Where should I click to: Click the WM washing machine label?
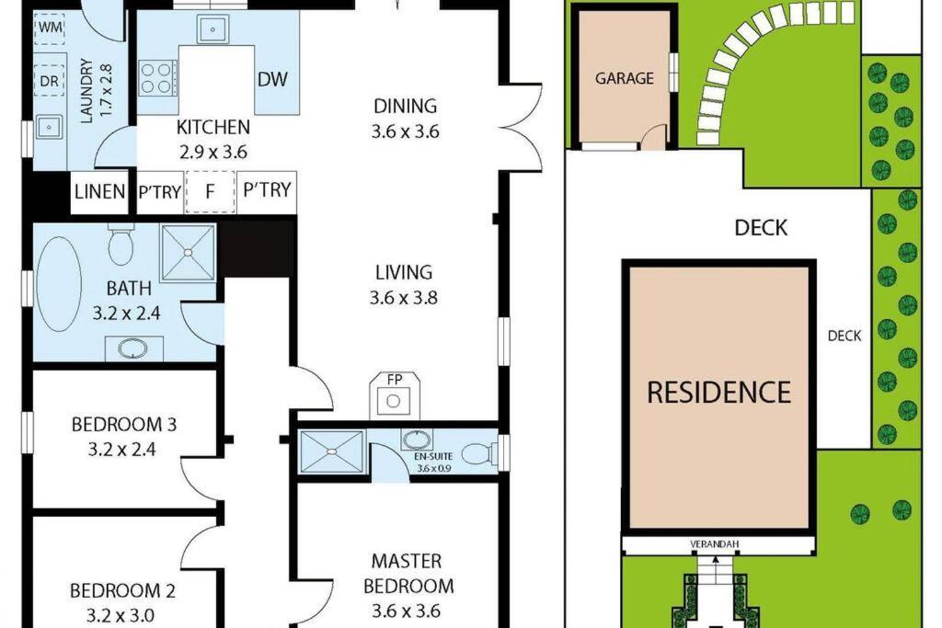[50, 28]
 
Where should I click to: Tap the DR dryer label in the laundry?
[50, 80]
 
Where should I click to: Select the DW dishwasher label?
[272, 79]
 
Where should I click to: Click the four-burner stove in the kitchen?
[157, 79]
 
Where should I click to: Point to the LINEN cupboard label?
[99, 191]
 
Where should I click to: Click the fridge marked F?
[210, 191]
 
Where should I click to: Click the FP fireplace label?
[394, 380]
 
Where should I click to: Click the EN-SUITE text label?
[434, 456]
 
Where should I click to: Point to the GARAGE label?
[625, 78]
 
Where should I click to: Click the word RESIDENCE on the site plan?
[719, 392]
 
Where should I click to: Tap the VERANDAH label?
[714, 544]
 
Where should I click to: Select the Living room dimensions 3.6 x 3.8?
[403, 298]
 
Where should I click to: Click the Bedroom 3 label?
[124, 425]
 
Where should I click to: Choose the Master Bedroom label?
[408, 574]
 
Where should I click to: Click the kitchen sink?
[213, 29]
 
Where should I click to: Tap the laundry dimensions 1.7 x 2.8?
[106, 90]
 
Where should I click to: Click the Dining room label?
[405, 107]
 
